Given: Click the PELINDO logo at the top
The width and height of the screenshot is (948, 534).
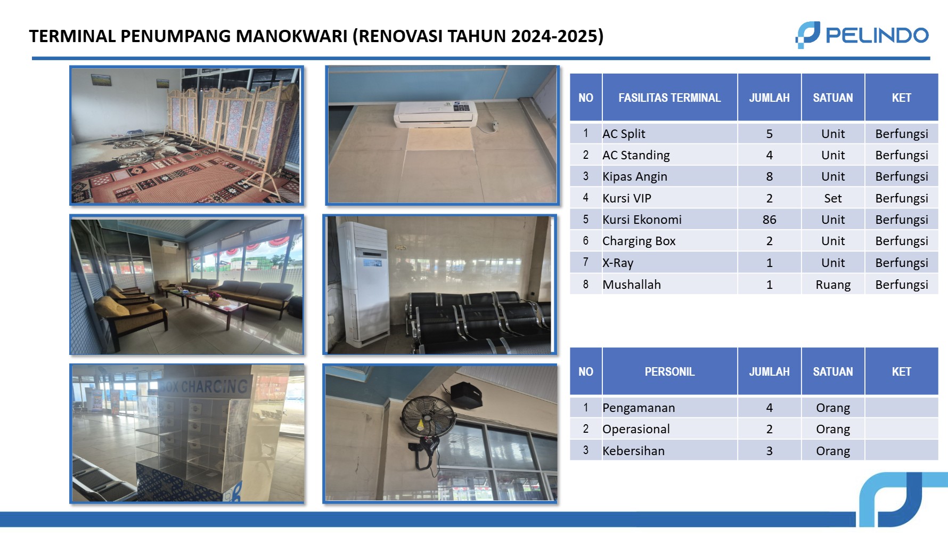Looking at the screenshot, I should pos(862,35).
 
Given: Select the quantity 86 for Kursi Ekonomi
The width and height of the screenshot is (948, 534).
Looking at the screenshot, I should pos(769,220).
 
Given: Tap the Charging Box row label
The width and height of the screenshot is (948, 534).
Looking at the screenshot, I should pos(639,241).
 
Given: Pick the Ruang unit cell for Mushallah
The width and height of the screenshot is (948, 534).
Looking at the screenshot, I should pos(832,285).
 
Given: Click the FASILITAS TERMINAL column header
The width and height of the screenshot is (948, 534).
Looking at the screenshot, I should pos(669,98).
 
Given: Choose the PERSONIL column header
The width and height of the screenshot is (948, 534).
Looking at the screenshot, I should pos(669,371).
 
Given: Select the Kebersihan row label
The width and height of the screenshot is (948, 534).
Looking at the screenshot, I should pos(633,451).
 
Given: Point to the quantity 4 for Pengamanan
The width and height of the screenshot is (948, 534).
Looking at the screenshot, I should pos(769,408).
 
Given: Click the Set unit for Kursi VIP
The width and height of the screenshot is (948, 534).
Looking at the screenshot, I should pos(832,198).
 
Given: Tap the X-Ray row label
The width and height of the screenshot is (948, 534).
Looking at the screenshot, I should pos(618,263).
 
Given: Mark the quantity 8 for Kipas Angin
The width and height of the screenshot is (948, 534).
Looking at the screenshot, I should pos(769,176).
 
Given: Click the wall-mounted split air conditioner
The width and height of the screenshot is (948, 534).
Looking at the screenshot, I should pos(435,114).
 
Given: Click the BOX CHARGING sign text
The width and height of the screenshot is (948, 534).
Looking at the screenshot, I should pos(205,386).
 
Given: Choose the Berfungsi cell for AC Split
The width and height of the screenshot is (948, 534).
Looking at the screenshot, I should pos(901,134).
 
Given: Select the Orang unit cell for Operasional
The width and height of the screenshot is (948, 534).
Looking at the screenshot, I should pos(832,429).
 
